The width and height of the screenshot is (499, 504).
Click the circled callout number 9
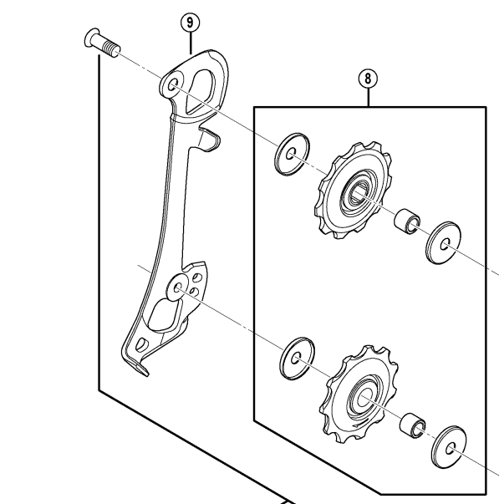click(x=190, y=23)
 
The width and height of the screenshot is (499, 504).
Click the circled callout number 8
click(x=368, y=79)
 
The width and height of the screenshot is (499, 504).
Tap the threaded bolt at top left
click(x=102, y=43)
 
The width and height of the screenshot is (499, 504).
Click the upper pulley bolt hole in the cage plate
click(x=173, y=85)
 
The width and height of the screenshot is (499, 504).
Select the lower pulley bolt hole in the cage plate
click(x=177, y=287)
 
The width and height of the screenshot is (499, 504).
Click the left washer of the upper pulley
click(x=292, y=155)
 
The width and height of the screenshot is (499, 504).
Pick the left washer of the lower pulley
click(x=297, y=359)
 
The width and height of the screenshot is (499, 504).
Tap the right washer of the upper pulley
click(x=443, y=242)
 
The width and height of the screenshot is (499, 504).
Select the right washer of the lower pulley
click(x=449, y=447)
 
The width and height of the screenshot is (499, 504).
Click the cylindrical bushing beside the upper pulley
click(x=407, y=221)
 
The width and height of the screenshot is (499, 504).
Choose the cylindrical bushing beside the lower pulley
click(x=413, y=425)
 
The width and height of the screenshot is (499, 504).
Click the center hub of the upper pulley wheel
click(x=356, y=194)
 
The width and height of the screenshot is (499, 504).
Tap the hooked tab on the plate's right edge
click(x=209, y=139)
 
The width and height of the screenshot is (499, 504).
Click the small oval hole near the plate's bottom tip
click(x=140, y=344)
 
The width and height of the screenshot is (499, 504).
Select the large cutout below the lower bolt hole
click(x=164, y=315)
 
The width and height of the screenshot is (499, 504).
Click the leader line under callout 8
click(x=369, y=98)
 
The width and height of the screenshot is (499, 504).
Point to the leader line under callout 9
click(x=191, y=43)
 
